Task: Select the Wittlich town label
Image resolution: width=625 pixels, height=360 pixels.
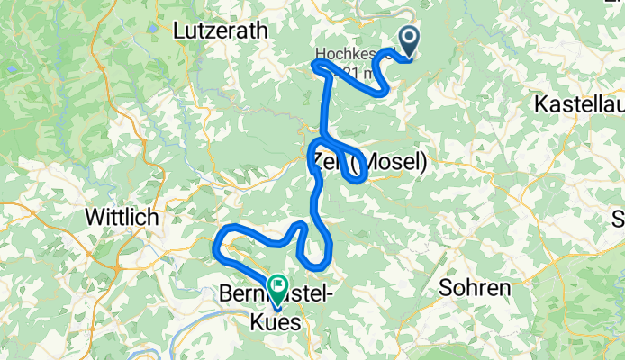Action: [122, 217]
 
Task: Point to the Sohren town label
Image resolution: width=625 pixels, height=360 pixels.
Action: [475, 288]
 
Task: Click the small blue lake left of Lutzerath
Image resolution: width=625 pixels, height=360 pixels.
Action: [154, 29]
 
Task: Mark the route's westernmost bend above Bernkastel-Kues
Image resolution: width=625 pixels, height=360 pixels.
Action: [216, 245]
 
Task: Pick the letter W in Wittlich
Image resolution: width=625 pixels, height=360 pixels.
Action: [94, 217]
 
